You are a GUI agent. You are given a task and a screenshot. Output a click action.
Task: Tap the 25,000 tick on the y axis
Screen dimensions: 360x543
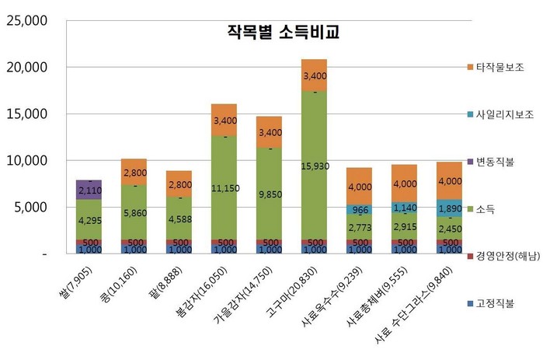coord(26,21)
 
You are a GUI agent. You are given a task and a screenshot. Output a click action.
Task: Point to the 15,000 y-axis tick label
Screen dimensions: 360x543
coord(26,114)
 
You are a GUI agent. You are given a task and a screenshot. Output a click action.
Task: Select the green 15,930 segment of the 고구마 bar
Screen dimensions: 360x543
coord(314,166)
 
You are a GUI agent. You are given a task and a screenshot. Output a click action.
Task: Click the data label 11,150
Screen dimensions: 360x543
coord(224,188)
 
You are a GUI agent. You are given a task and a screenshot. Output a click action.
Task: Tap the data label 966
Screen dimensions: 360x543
coord(359,210)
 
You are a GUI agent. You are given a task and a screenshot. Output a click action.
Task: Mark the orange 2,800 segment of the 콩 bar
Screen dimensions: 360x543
coord(134,172)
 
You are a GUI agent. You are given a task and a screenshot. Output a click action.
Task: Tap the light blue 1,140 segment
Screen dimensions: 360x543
coord(404,208)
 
